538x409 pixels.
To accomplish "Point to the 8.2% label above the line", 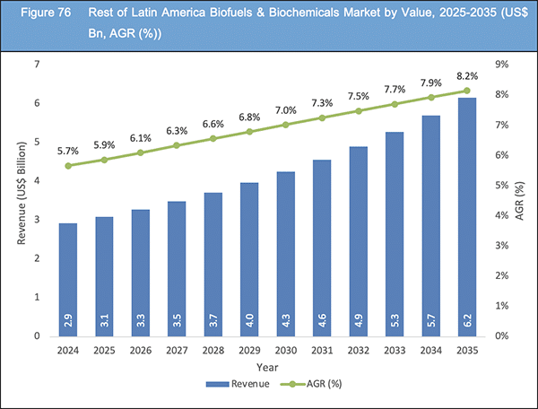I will point(466,75).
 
